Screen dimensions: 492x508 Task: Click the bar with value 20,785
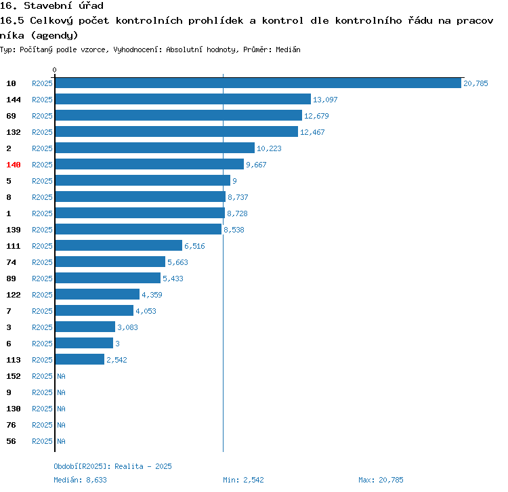coord(257,83)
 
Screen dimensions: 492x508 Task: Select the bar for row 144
coord(183,100)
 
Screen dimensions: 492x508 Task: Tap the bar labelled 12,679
coord(178,116)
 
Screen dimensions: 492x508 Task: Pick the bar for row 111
coord(119,246)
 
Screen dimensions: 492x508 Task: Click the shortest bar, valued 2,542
coord(79,360)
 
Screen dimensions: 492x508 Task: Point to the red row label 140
coord(14,165)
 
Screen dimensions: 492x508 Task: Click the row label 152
coord(14,376)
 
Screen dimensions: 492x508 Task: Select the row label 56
coord(12,441)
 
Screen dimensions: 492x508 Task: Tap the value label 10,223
coord(269,148)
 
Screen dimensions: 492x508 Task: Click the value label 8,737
coord(238,197)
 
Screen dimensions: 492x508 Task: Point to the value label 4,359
coord(152,295)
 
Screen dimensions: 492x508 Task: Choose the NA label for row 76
coord(61,425)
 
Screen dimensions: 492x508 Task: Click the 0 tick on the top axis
coord(55,70)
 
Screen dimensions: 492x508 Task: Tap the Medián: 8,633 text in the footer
coord(80,480)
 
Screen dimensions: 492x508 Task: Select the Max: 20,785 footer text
coord(381,480)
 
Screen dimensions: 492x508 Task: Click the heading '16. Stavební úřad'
coord(51,6)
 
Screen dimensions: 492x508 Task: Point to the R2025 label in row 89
coord(42,279)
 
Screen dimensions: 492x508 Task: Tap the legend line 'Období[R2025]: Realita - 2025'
coord(112,466)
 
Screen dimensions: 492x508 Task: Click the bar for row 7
coord(94,311)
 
